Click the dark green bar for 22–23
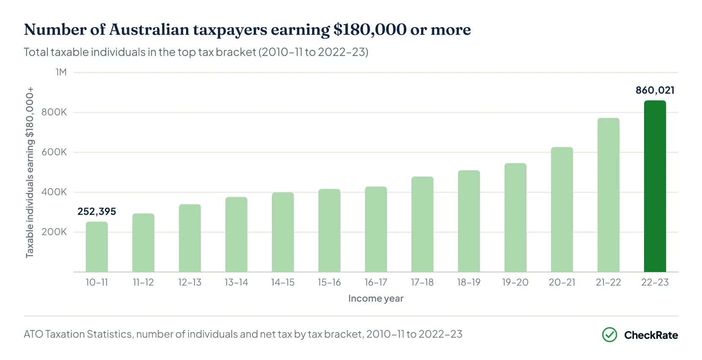pyautogui.click(x=655, y=186)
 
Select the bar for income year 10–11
pyautogui.click(x=97, y=247)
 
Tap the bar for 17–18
pyautogui.click(x=422, y=224)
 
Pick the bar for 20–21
pyautogui.click(x=562, y=209)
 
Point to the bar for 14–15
pyautogui.click(x=282, y=232)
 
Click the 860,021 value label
pyautogui.click(x=655, y=90)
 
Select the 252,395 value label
pyautogui.click(x=97, y=212)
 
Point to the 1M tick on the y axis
pyautogui.click(x=61, y=72)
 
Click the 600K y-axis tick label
pyautogui.click(x=54, y=152)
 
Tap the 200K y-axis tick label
pyautogui.click(x=54, y=232)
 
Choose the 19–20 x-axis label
pyautogui.click(x=515, y=282)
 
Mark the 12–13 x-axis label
pyautogui.click(x=189, y=282)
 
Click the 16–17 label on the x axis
pyautogui.click(x=376, y=282)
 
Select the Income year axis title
pyautogui.click(x=376, y=298)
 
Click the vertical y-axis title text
pyautogui.click(x=29, y=172)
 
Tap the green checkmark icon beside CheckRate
pyautogui.click(x=609, y=335)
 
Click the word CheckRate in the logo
pyautogui.click(x=651, y=335)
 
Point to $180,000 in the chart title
pyautogui.click(x=370, y=30)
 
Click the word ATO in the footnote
pyautogui.click(x=33, y=334)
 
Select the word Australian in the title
pyautogui.click(x=149, y=30)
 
